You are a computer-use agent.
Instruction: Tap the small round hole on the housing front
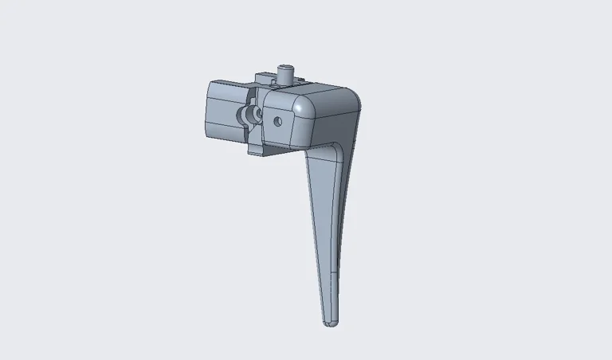[x=277, y=122]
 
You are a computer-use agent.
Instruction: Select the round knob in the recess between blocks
[x=250, y=116]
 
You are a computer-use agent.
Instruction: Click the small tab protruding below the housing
[x=257, y=148]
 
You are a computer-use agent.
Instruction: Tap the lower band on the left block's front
[x=224, y=132]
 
